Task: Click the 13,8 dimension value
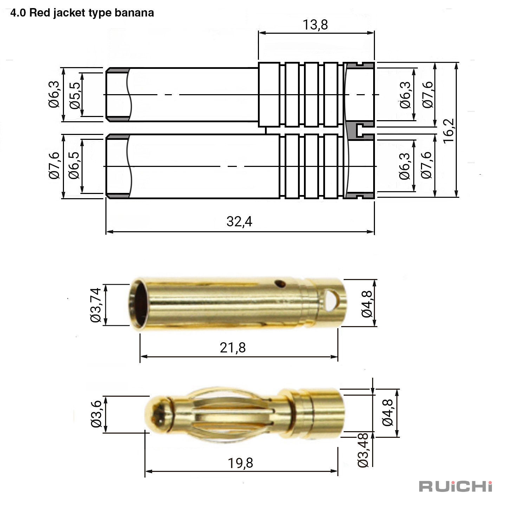[315, 25]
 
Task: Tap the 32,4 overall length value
[239, 221]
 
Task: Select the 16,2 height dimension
[448, 131]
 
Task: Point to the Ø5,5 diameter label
[75, 95]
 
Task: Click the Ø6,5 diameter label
[74, 166]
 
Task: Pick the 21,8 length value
[233, 348]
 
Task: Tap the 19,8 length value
[240, 463]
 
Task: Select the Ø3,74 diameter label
[95, 305]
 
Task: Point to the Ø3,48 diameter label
[363, 450]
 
